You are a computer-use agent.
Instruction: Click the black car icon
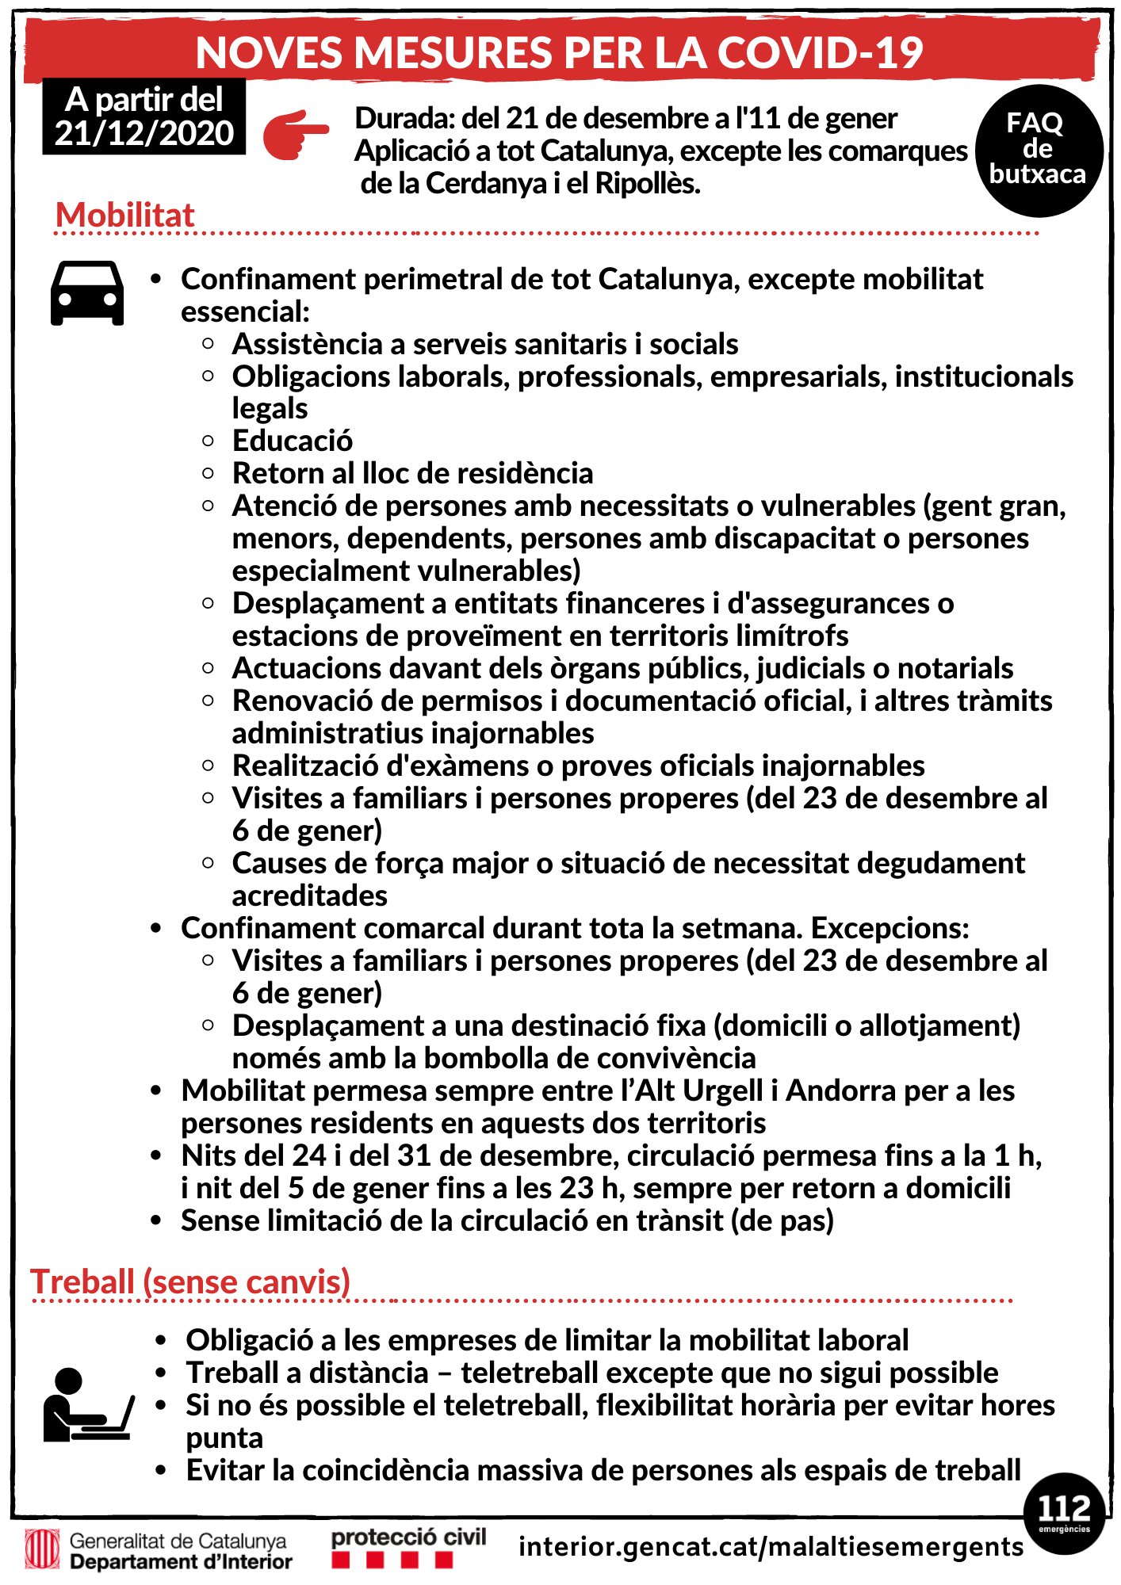click(87, 293)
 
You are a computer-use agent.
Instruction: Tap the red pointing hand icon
click(295, 135)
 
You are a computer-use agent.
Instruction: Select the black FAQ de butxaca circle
click(1038, 150)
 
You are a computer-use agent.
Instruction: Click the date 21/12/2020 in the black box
click(144, 133)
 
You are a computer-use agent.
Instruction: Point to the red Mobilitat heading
click(124, 215)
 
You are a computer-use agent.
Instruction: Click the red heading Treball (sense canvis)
click(190, 1281)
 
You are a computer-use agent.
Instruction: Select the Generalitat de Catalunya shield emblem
click(42, 1549)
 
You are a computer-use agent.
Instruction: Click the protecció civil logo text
click(408, 1537)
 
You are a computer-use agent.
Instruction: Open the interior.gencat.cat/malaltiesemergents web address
click(771, 1546)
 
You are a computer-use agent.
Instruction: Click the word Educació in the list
click(293, 441)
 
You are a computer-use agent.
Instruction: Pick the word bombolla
click(503, 1058)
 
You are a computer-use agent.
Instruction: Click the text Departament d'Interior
click(181, 1562)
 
